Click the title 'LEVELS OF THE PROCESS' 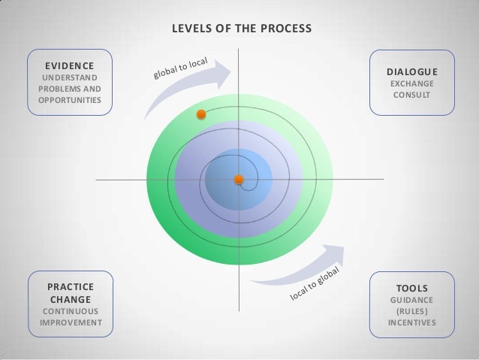click(241, 31)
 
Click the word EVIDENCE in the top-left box click(68, 65)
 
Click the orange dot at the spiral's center click(239, 180)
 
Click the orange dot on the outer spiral click(200, 114)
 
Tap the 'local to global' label click(316, 288)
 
